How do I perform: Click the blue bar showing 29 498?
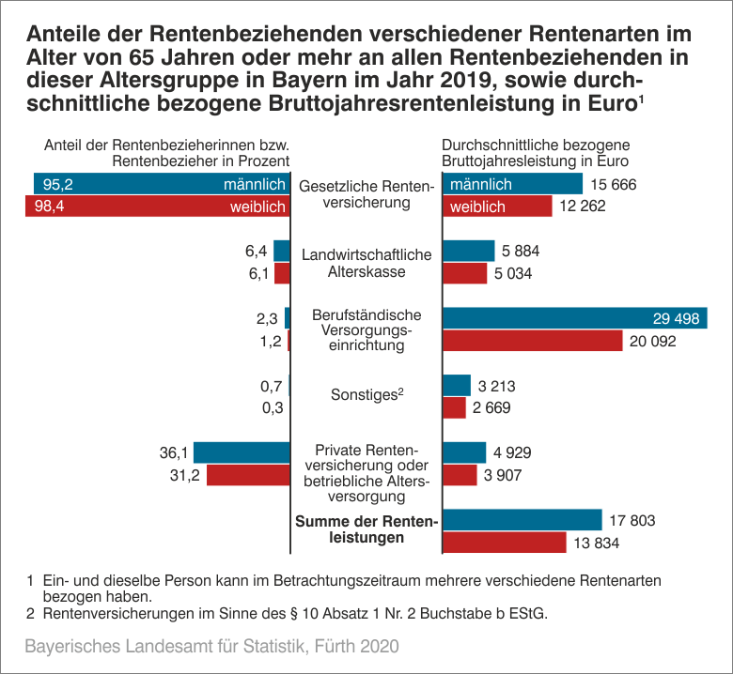574,318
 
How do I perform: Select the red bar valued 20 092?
532,341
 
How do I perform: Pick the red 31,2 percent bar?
247,475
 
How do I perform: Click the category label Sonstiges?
366,395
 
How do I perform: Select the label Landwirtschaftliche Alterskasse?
366,263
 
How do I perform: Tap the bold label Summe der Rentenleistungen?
366,530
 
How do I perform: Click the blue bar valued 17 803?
522,520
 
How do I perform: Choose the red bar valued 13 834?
504,543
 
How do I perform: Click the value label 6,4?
257,251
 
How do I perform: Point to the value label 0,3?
271,407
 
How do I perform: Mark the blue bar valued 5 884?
468,251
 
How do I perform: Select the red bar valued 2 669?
454,407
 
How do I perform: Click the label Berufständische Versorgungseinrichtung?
366,329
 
